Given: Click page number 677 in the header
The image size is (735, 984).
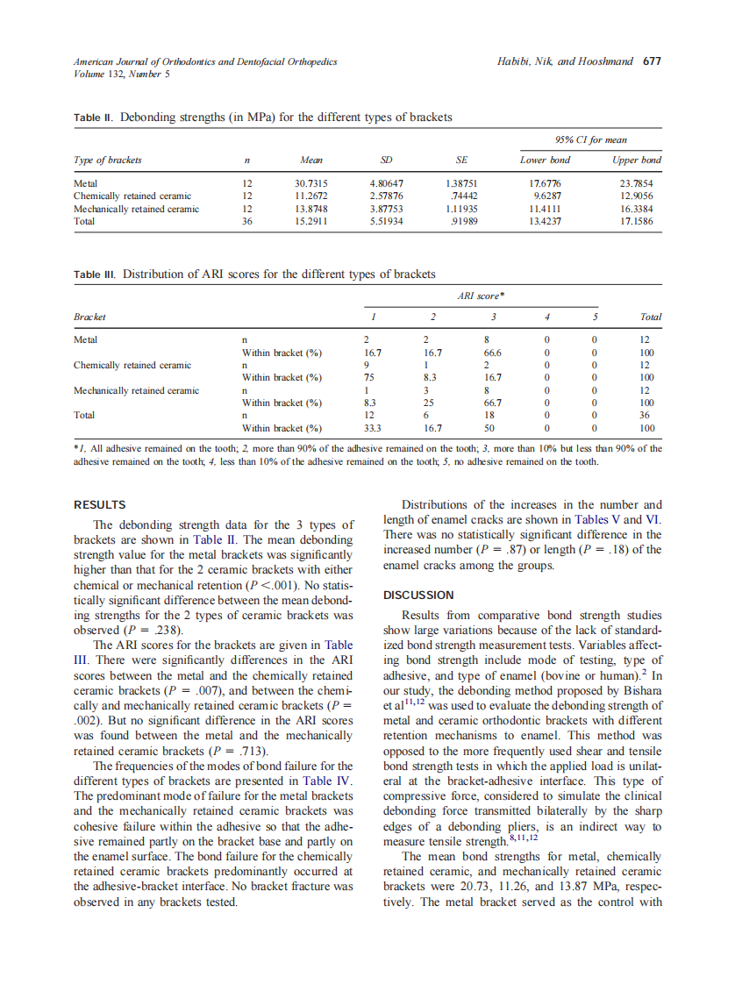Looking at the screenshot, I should point(652,62).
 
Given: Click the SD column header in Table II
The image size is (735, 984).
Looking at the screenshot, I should point(385,160).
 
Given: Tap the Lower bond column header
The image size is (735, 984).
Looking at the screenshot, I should point(545,160).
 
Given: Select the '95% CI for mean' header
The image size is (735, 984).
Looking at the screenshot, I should point(590,140).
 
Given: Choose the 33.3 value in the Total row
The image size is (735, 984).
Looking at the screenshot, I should point(372,429).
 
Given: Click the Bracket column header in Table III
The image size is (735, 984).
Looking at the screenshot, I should point(89,317).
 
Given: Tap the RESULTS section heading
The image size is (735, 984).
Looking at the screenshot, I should point(99,505).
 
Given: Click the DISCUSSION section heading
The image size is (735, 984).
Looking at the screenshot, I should point(418,595).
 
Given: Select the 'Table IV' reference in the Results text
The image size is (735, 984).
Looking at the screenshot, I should point(325,781).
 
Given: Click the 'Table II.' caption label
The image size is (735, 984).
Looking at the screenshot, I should point(93,118).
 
